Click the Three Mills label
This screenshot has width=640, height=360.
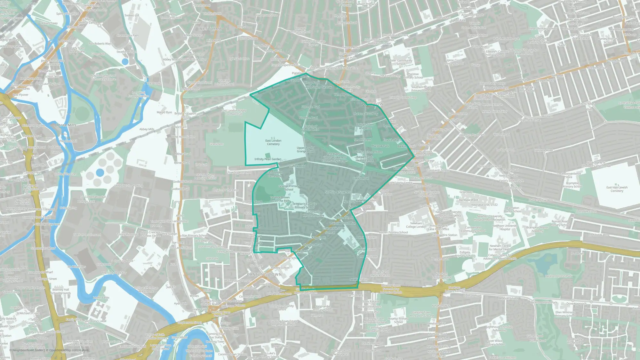coord(66,125)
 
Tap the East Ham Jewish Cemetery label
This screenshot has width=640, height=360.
coord(617,189)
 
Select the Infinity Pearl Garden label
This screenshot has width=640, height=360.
coord(268,159)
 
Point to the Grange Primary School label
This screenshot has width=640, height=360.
coord(289,188)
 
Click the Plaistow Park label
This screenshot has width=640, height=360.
coord(380,146)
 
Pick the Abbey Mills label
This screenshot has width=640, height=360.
coord(147,129)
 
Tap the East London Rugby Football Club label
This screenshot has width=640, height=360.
coord(234,112)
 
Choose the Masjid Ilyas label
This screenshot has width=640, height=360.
coord(164,112)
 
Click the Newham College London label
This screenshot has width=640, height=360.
coord(416,225)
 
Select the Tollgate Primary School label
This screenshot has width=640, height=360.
coord(465,254)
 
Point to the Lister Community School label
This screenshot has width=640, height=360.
coord(401,62)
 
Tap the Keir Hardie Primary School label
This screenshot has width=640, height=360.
coord(323,308)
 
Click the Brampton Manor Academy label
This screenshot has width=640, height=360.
coord(537,229)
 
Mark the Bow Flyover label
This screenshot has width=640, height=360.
coord(20,95)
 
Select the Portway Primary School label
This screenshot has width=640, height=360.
coord(300,30)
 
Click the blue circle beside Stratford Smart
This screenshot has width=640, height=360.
coord(125,61)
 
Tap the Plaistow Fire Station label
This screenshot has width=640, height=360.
coord(444,235)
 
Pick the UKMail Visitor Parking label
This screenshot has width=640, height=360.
coord(129,186)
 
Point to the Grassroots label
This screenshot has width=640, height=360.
coord(216,144)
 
